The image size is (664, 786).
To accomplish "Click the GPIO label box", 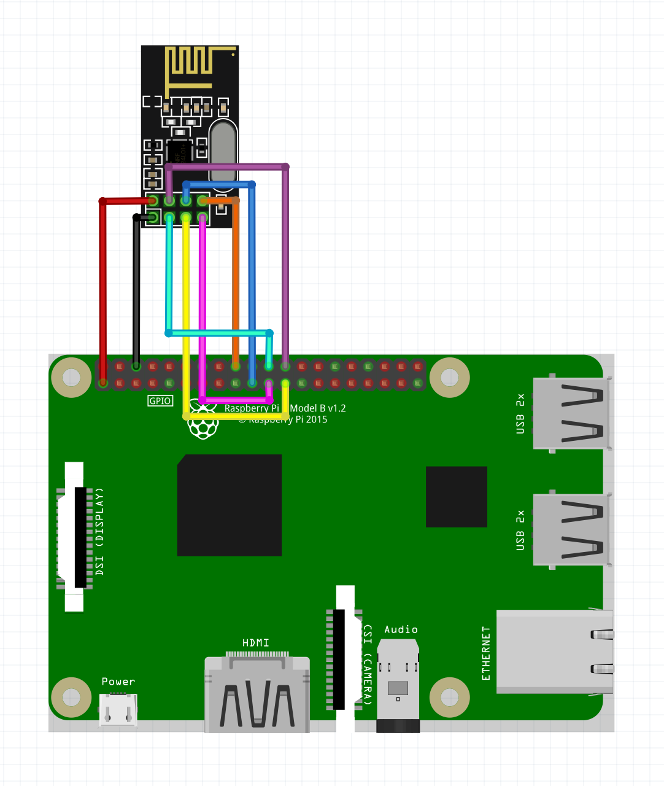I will [160, 401].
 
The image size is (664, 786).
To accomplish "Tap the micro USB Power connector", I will [118, 710].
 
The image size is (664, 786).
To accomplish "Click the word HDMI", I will [255, 642].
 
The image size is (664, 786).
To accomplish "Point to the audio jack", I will [398, 685].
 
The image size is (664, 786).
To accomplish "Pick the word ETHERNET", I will [486, 653].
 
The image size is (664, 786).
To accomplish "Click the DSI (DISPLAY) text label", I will [99, 532].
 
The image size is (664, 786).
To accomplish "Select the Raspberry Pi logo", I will [203, 420].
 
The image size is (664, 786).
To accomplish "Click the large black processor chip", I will [230, 505].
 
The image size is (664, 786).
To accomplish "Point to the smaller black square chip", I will [456, 497].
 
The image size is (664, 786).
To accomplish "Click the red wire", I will [103, 289].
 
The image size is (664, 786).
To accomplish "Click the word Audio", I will [401, 629].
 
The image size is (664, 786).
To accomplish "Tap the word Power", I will [118, 682].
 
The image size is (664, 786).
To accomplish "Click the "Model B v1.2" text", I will [318, 408].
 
